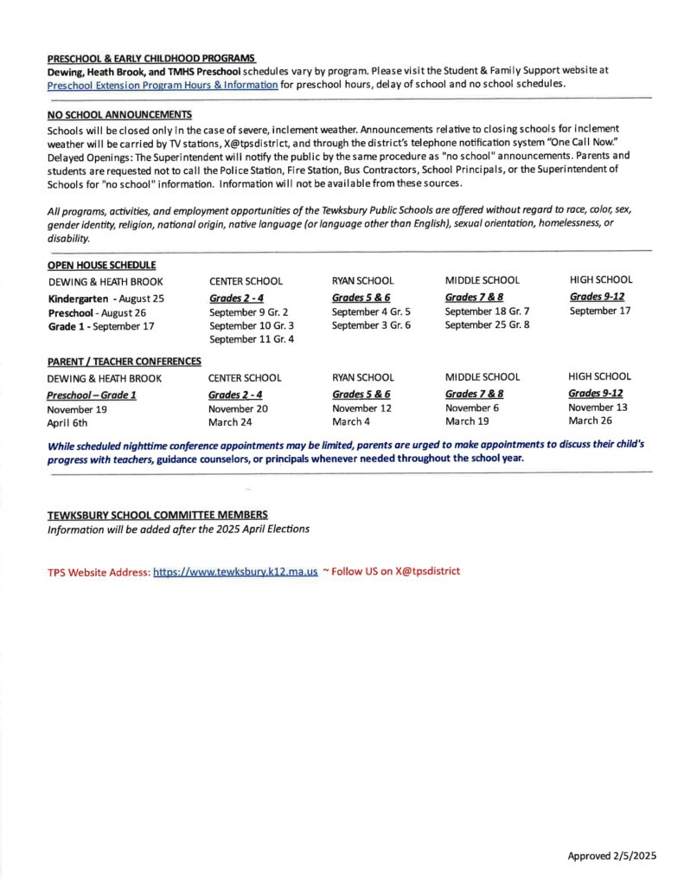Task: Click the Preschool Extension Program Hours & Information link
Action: coord(163,85)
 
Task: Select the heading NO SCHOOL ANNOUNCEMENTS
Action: coord(119,114)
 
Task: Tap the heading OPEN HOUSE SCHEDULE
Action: coord(101,265)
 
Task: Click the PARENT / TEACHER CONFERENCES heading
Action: coord(124,361)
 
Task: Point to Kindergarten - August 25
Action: coord(105,299)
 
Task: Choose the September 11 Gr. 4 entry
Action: coord(252,339)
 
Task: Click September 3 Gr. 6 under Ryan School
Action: coord(371,325)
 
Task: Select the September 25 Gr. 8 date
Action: coord(487,325)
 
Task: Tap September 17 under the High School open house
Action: coord(600,311)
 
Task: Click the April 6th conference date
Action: coord(67,423)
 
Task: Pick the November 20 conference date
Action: coord(238,408)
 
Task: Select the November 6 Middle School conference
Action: coord(471,408)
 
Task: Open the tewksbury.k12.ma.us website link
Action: coord(235,573)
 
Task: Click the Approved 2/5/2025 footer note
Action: coord(612,857)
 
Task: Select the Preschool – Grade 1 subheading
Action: coord(92,395)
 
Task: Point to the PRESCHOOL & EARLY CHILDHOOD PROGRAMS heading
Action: coord(151,58)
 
